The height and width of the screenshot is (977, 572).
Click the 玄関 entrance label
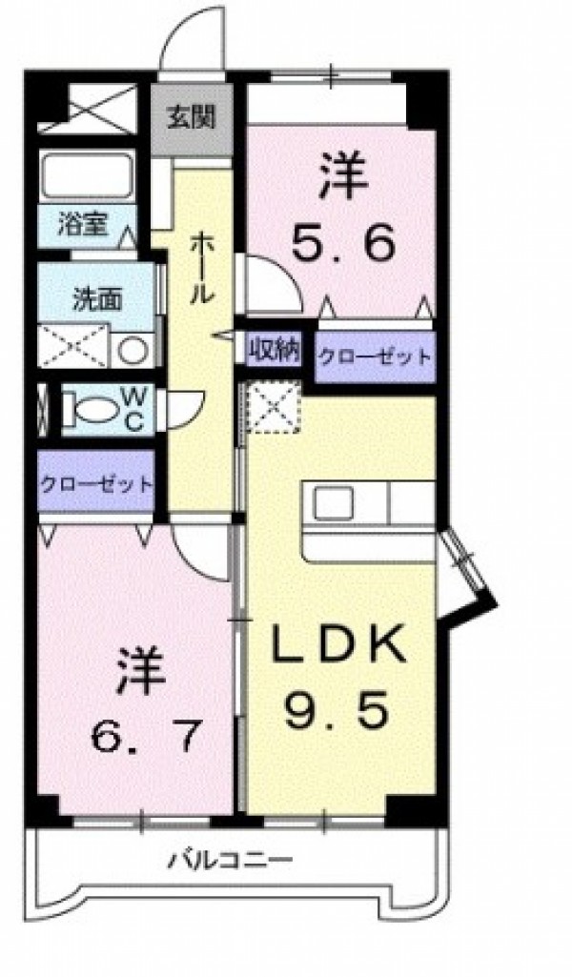192,116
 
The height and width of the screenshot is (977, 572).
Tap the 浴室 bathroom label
83,224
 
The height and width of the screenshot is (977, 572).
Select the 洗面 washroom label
98,299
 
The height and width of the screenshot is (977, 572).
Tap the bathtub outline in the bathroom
88,176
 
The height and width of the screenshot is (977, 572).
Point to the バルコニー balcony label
231,862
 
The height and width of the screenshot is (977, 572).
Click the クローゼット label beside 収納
375,357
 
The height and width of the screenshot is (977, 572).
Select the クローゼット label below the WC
96,483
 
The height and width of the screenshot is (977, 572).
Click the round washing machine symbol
133,350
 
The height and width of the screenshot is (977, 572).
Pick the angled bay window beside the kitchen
467,574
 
